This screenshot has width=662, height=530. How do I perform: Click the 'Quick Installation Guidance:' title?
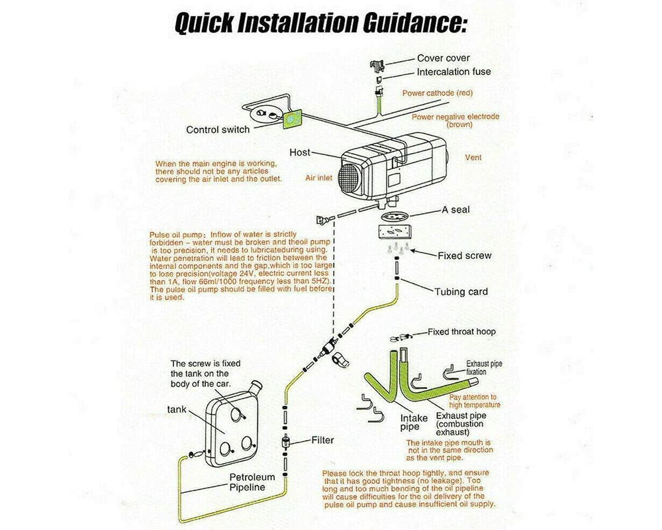click(x=321, y=24)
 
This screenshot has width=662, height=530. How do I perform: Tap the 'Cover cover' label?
click(x=443, y=58)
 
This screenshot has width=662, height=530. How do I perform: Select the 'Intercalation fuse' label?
click(x=453, y=72)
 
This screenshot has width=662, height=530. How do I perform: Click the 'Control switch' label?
click(x=218, y=130)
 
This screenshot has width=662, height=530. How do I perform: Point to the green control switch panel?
click(x=290, y=119)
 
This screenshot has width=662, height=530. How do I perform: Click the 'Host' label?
click(x=300, y=152)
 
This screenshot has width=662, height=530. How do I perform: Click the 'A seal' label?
click(x=456, y=211)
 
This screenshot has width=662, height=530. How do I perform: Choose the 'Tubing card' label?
click(x=461, y=291)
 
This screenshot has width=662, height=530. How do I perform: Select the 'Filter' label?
click(x=322, y=440)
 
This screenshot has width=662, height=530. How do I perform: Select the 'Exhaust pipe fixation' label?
click(x=485, y=368)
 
